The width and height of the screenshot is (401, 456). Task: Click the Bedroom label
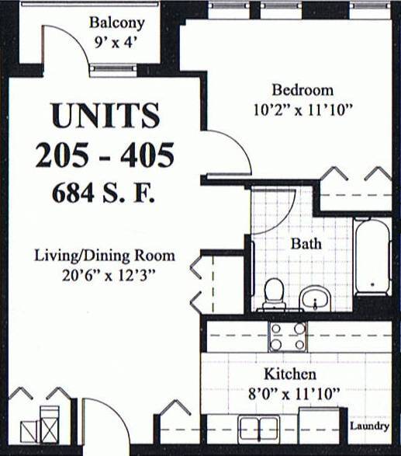[x=302, y=89]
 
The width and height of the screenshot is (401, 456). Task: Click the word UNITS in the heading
[x=104, y=116]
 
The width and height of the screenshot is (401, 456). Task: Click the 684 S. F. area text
[x=104, y=192]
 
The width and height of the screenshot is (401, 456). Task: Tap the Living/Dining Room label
[x=104, y=256]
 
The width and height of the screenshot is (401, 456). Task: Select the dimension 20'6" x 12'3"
[x=104, y=274]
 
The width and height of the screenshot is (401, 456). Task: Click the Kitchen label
[x=288, y=374]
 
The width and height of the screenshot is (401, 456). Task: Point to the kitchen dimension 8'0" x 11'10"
[x=289, y=394]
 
